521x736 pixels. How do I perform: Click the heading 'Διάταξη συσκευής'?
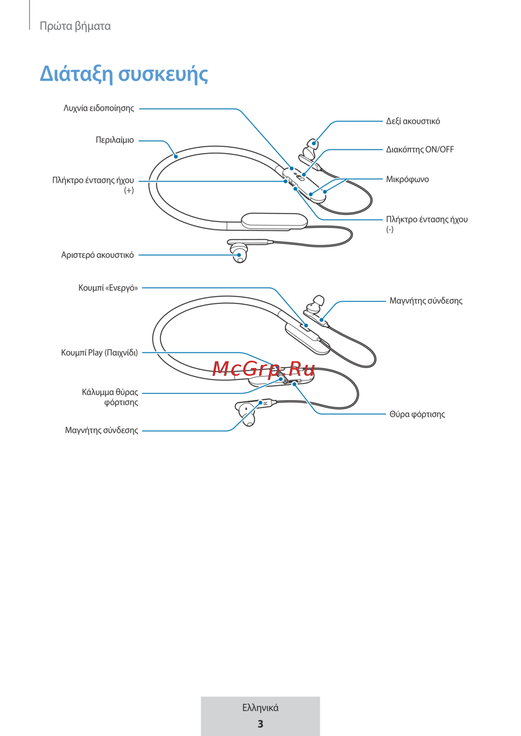(x=124, y=74)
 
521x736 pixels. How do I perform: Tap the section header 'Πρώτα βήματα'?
(x=75, y=26)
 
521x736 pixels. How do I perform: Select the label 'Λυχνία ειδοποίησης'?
(x=98, y=108)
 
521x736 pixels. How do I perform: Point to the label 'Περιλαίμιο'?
(x=115, y=140)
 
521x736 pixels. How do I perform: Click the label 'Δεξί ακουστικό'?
(x=413, y=121)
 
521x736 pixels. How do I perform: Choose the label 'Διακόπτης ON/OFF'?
(x=420, y=149)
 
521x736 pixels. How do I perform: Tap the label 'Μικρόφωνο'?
(x=407, y=180)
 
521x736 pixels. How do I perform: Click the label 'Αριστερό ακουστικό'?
(x=97, y=255)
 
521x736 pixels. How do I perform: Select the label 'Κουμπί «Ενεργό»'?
(x=108, y=288)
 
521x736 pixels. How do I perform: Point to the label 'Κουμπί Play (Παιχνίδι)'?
(x=100, y=352)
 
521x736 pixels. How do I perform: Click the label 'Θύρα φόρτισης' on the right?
(x=417, y=414)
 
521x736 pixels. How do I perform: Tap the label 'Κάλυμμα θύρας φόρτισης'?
(x=110, y=397)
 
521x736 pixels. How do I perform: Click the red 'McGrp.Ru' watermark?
(x=264, y=369)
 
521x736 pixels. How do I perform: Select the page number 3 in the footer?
(x=260, y=724)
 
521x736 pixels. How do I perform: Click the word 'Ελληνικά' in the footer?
(x=260, y=707)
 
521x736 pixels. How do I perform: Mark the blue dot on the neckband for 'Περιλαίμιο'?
(x=176, y=156)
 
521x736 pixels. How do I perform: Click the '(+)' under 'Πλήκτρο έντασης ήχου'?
(x=129, y=190)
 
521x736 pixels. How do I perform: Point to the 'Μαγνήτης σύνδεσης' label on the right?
(x=426, y=301)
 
